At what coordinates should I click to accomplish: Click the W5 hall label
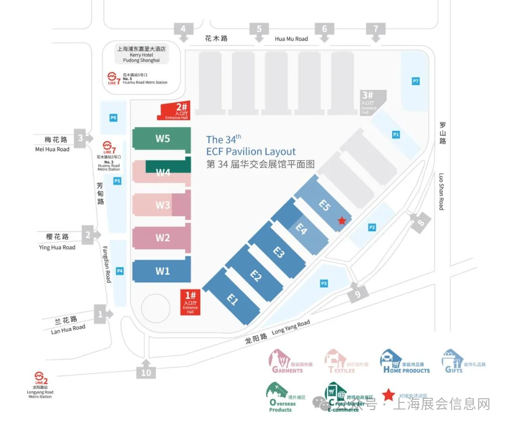pyautogui.click(x=163, y=139)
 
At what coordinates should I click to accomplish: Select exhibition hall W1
pyautogui.click(x=163, y=271)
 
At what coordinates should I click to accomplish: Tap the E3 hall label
pyautogui.click(x=279, y=253)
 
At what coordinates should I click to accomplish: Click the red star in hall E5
pyautogui.click(x=342, y=220)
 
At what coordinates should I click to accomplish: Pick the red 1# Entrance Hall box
pyautogui.click(x=190, y=302)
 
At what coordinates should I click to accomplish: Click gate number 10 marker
pyautogui.click(x=146, y=372)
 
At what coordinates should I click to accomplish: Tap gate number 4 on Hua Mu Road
pyautogui.click(x=183, y=29)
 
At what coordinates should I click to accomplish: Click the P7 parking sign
pyautogui.click(x=416, y=81)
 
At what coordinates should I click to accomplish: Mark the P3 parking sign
pyautogui.click(x=324, y=283)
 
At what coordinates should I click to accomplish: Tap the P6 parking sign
pyautogui.click(x=113, y=118)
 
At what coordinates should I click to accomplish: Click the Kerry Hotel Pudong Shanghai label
pyautogui.click(x=141, y=54)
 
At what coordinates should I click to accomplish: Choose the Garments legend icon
pyautogui.click(x=280, y=359)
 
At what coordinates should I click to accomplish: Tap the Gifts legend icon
pyautogui.click(x=452, y=360)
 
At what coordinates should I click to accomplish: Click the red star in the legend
pyautogui.click(x=388, y=395)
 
